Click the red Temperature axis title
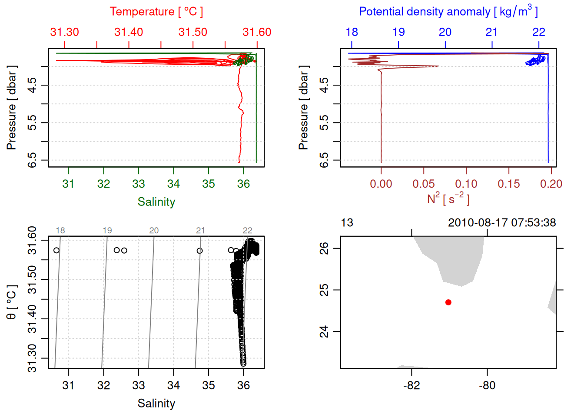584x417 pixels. (x=156, y=12)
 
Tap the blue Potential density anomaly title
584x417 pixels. (x=448, y=12)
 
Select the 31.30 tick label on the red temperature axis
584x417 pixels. (x=65, y=32)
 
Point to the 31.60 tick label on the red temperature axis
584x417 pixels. (x=257, y=32)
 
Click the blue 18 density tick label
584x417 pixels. (x=352, y=32)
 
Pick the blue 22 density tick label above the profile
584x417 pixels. (x=539, y=32)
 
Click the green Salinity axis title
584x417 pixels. (x=156, y=202)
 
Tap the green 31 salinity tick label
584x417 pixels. (x=68, y=184)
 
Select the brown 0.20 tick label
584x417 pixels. (x=551, y=184)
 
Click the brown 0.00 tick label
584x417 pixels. (x=381, y=184)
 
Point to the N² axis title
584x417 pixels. (x=448, y=199)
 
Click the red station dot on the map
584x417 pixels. (x=448, y=302)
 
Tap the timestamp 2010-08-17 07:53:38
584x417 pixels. (x=502, y=223)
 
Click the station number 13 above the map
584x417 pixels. (x=347, y=223)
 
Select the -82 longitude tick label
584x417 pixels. (x=411, y=386)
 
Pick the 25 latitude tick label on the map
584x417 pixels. (x=324, y=290)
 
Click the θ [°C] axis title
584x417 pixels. (x=12, y=302)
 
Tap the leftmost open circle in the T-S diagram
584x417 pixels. (x=56, y=250)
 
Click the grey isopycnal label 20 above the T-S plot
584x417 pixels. (x=154, y=231)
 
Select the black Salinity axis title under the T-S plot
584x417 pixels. (x=156, y=404)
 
